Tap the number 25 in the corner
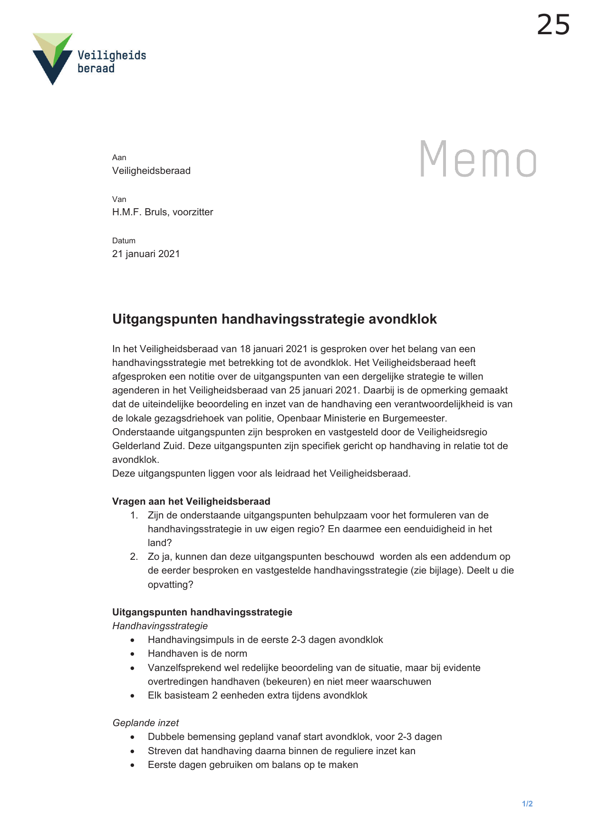click(x=553, y=25)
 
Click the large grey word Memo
click(x=478, y=159)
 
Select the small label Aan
click(x=119, y=157)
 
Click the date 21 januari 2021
click(x=146, y=254)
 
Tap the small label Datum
click(x=124, y=240)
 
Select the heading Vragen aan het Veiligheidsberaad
click(x=191, y=501)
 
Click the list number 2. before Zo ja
click(x=134, y=556)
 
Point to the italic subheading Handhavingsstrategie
click(x=160, y=626)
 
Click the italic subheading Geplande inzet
click(x=145, y=723)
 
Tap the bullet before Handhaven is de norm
click(x=133, y=654)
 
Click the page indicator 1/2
click(x=527, y=804)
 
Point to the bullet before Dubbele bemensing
click(x=133, y=738)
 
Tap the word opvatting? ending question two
click(x=170, y=585)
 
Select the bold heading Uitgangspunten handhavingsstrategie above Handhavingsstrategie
click(x=202, y=612)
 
